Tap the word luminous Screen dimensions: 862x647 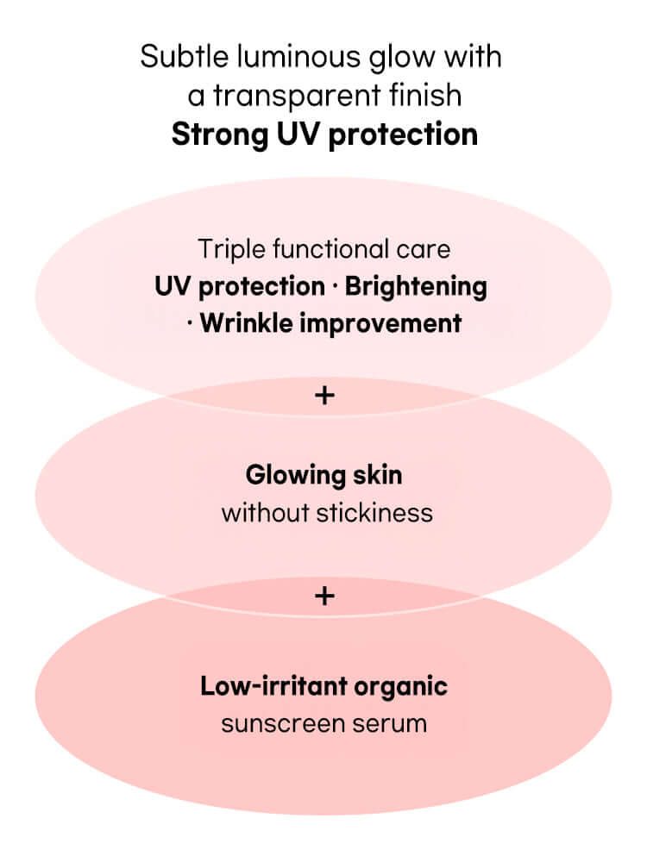click(x=281, y=58)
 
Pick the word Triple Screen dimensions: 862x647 click(x=225, y=250)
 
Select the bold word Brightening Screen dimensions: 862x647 click(x=416, y=286)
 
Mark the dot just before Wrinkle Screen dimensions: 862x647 click(x=190, y=324)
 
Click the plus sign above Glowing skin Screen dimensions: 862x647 click(x=323, y=396)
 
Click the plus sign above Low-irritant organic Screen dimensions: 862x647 click(x=323, y=596)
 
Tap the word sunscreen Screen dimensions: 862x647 click(x=279, y=723)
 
